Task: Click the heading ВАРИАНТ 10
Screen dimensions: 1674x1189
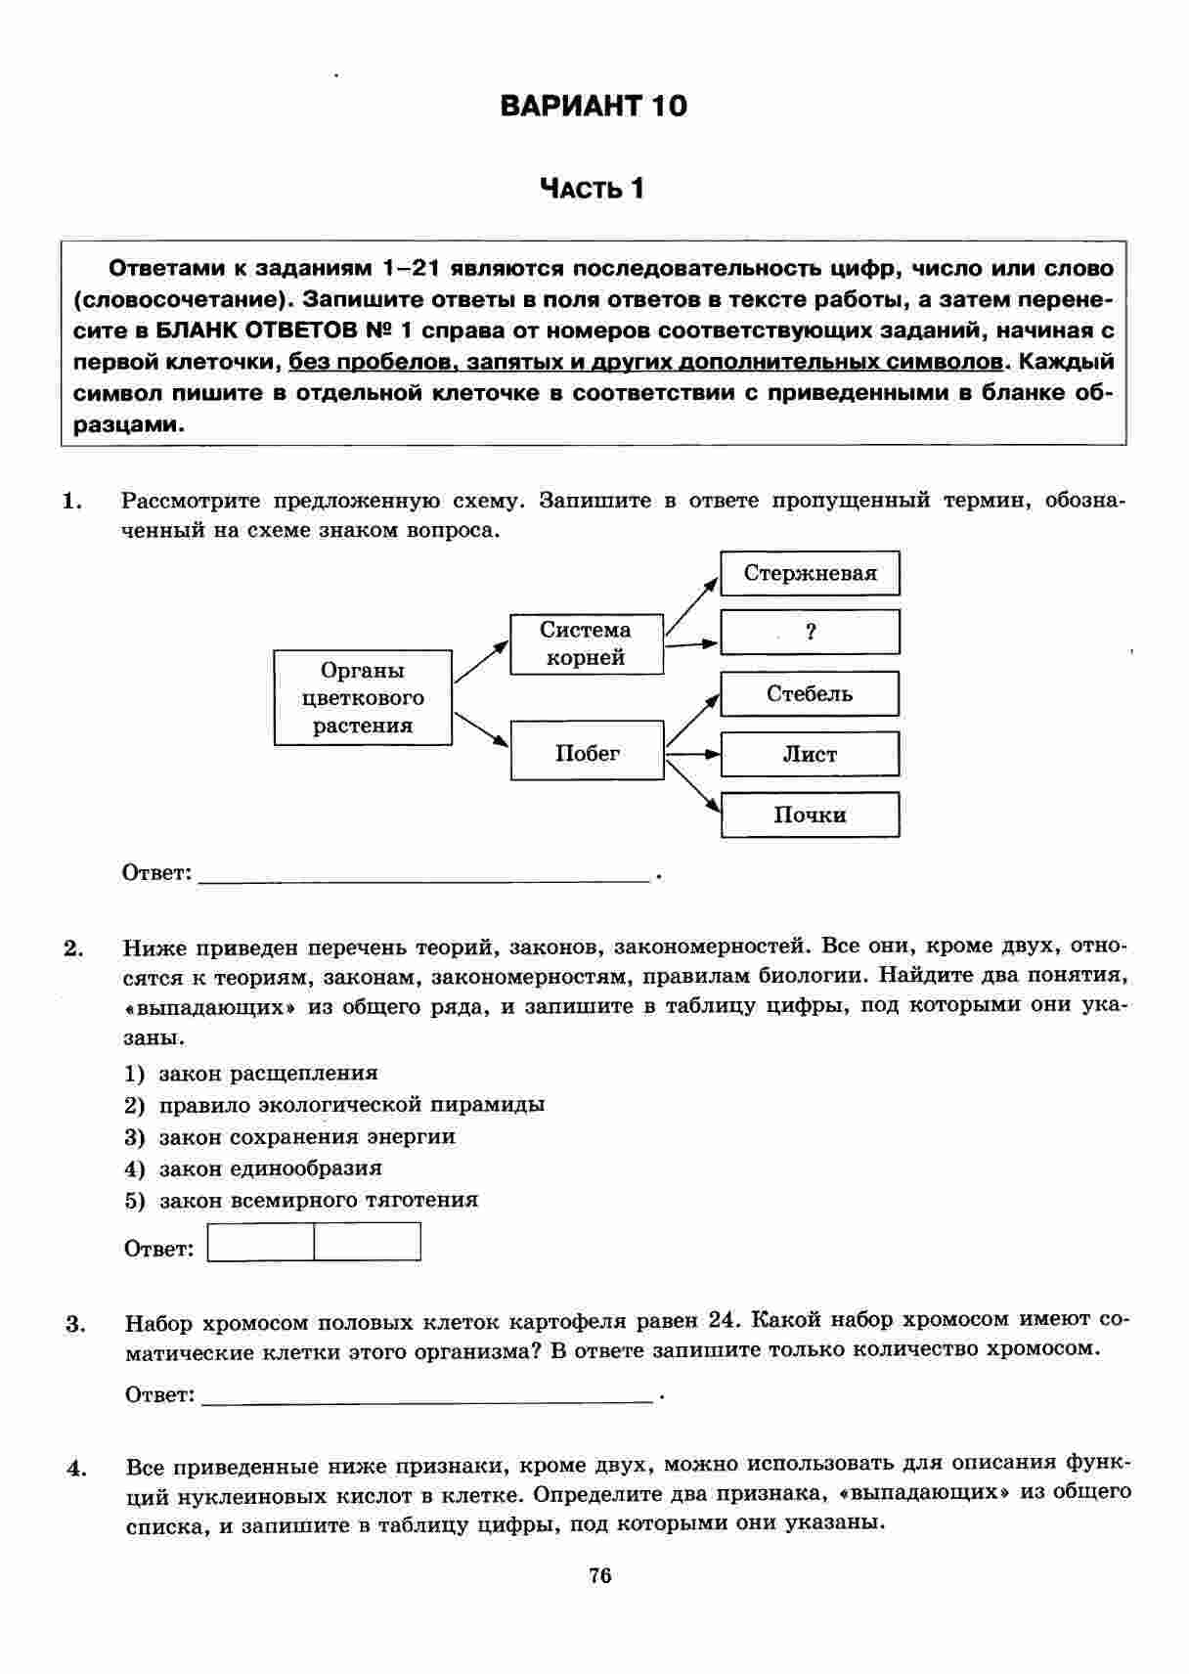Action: pos(594,106)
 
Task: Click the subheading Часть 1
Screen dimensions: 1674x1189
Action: pos(594,188)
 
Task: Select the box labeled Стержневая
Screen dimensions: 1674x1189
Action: pos(810,573)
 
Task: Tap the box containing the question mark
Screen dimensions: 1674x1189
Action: pos(810,633)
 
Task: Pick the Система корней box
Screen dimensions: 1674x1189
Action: pos(587,644)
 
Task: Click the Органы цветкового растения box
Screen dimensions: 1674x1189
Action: pos(363,698)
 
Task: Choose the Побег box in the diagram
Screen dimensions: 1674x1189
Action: pos(588,752)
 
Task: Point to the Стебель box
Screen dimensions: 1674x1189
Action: pos(810,694)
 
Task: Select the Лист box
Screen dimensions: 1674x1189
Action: pos(810,754)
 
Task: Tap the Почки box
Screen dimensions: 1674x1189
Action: pos(810,815)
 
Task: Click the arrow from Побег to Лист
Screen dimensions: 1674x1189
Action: pos(692,754)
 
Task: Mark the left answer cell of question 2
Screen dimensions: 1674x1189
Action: pos(261,1242)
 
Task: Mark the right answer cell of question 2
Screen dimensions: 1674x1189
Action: pos(368,1242)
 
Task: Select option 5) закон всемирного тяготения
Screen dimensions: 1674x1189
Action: pos(303,1200)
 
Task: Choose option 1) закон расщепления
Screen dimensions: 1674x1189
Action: pos(252,1074)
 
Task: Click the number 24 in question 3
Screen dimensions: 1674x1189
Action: pos(721,1320)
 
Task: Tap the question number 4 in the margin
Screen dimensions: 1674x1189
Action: pos(77,1468)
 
